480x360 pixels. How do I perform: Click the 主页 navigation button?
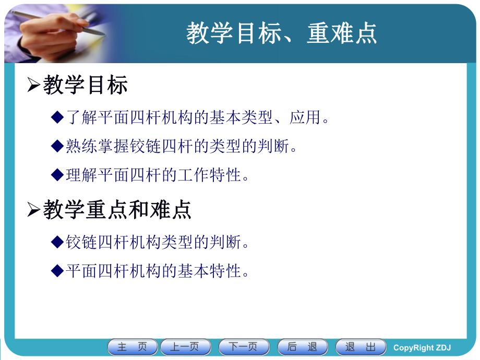click(x=132, y=347)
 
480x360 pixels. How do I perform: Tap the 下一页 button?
click(x=244, y=347)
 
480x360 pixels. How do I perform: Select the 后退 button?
click(x=303, y=347)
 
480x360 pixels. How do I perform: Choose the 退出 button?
click(x=361, y=347)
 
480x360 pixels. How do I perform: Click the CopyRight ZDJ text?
click(x=422, y=347)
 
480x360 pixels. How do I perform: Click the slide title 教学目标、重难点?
click(x=281, y=33)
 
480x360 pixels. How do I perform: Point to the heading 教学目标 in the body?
click(x=86, y=86)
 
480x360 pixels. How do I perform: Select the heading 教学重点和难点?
click(x=117, y=210)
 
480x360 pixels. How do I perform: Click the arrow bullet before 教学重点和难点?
click(x=33, y=210)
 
